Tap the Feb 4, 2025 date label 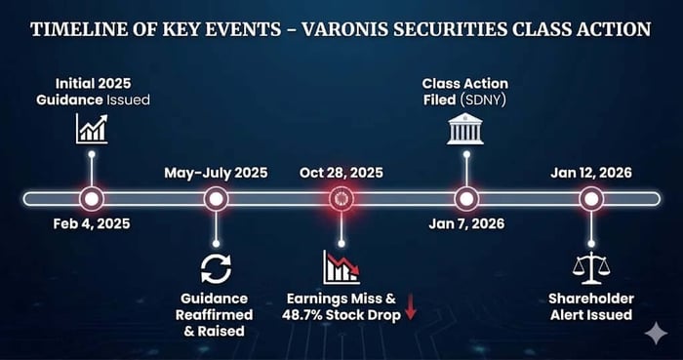coord(92,223)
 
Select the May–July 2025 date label coord(216,173)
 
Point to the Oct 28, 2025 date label coord(341,173)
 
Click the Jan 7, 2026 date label coord(466,223)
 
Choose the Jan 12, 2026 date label coord(591,173)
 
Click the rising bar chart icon coord(92,129)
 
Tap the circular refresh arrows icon coord(216,269)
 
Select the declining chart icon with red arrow coord(341,267)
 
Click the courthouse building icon coord(465,129)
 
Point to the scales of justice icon coord(591,268)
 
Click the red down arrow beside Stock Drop coord(411,307)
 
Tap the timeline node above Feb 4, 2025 coord(92,199)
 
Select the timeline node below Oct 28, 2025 coord(341,199)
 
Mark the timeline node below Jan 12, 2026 coord(591,199)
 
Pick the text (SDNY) coord(483,100)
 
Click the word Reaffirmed coord(214,315)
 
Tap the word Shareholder coord(591,299)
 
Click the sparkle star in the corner coord(656,335)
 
